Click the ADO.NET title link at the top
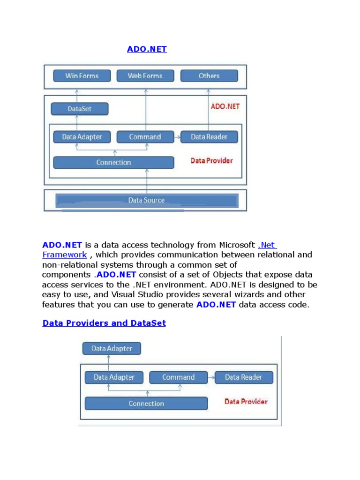(147, 49)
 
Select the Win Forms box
(82, 75)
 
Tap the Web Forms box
(145, 75)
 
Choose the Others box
(209, 75)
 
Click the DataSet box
(79, 109)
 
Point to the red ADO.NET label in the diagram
(225, 106)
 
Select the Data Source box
(147, 200)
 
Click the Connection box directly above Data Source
(113, 162)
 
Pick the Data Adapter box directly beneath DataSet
(82, 137)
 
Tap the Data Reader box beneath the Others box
(209, 137)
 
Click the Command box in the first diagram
(145, 137)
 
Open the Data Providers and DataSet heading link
(104, 323)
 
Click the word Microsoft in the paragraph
(237, 245)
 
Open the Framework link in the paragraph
(65, 255)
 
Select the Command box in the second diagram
(178, 377)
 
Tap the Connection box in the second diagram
(146, 403)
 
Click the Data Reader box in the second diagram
(243, 377)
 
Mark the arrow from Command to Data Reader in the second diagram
(211, 377)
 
